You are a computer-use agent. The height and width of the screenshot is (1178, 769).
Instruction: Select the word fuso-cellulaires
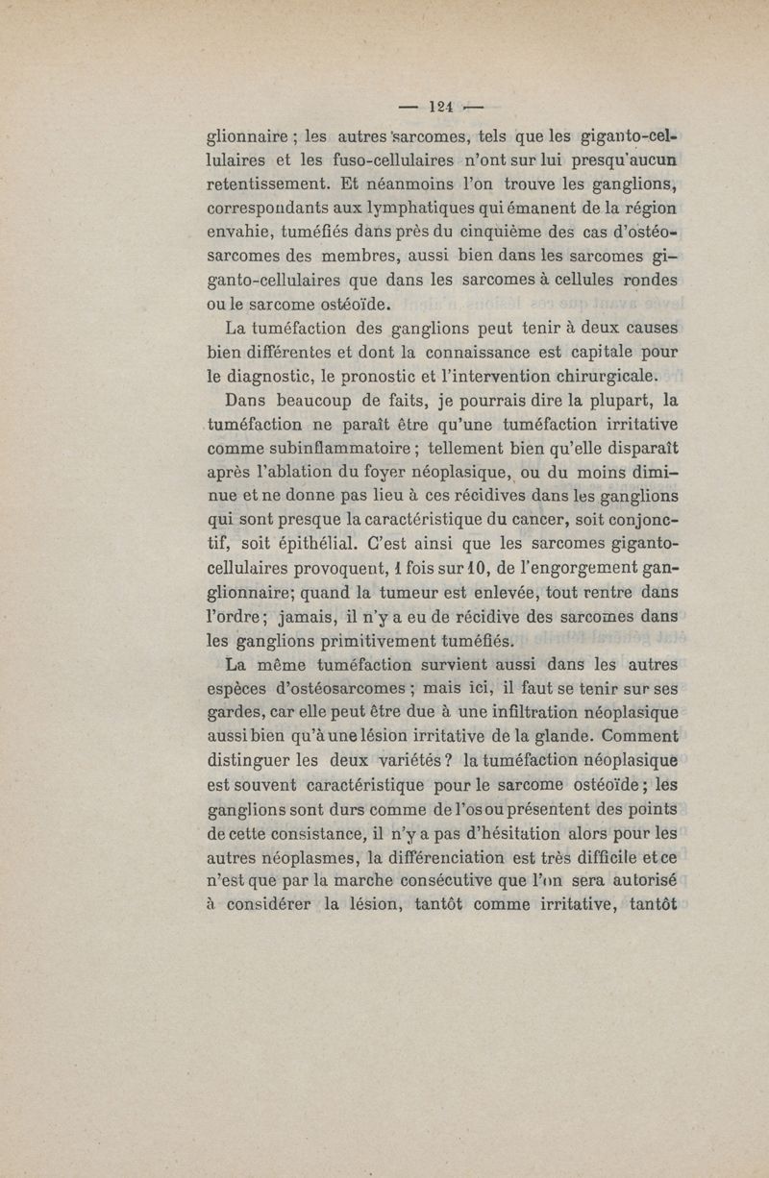click(x=353, y=159)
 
